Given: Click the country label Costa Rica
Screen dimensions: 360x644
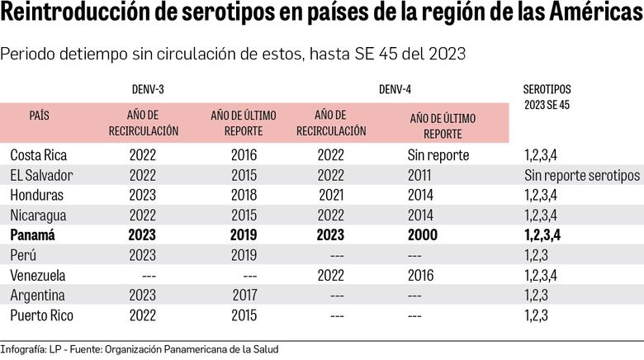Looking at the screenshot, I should (39, 154).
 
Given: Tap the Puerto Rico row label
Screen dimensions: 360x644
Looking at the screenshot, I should (42, 315).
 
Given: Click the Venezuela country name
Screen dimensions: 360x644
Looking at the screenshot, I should (38, 275).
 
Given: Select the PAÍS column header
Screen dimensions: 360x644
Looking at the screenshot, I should (39, 116).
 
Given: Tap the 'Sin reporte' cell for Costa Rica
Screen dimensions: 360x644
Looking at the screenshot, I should (438, 154).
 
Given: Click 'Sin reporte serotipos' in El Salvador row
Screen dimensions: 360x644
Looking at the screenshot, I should (582, 175).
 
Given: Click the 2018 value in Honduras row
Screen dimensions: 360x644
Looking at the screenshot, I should (244, 195).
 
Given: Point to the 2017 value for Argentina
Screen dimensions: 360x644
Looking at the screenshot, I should (244, 295).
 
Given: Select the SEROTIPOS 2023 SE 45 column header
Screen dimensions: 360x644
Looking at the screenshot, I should (547, 97).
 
